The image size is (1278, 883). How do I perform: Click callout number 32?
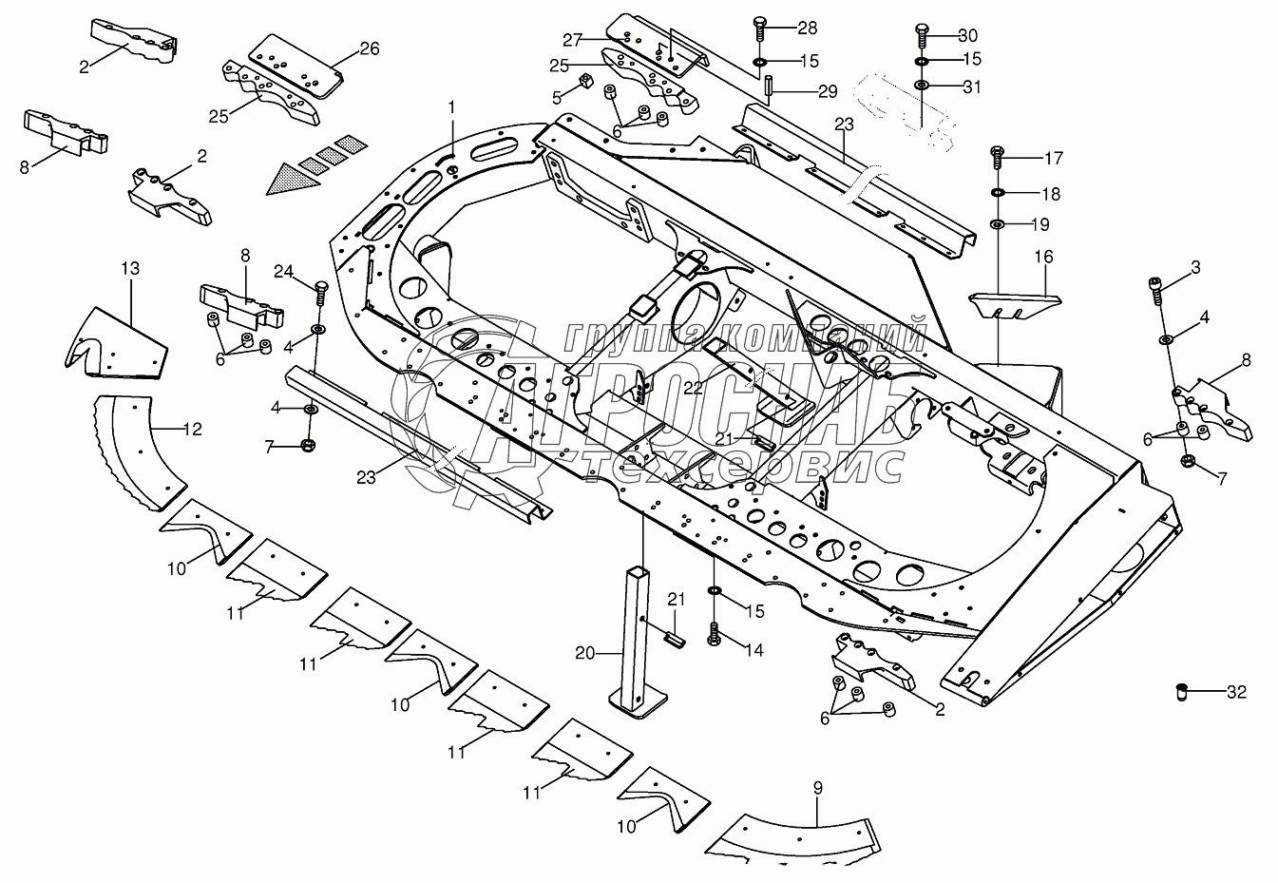pos(1235,693)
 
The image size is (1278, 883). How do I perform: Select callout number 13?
pos(130,269)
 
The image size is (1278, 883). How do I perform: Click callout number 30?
pos(967,36)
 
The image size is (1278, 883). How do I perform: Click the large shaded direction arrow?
pos(294,178)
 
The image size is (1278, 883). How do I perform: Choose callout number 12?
pos(192,430)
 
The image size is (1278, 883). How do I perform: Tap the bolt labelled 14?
pos(714,633)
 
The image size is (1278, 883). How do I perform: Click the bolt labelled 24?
pos(319,290)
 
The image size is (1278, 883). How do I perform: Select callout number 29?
pos(827,91)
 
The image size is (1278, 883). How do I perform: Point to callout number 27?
pos(572,40)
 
